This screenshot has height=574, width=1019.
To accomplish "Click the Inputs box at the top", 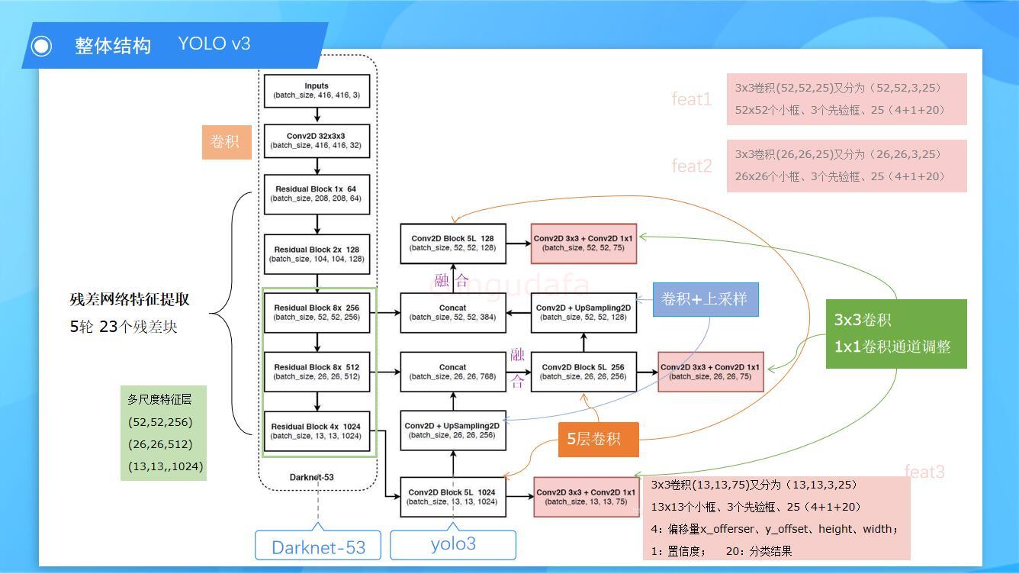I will click(x=317, y=91).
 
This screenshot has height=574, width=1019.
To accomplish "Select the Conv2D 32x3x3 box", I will click(x=317, y=140).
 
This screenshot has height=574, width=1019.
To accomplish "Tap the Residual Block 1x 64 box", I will click(x=317, y=194).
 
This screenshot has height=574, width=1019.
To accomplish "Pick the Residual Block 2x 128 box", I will click(x=317, y=254).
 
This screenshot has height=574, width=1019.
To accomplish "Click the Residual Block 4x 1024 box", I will click(x=317, y=431).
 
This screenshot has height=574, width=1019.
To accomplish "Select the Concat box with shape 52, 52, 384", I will click(x=452, y=312).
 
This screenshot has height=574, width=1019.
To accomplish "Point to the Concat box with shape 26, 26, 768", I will click(x=452, y=372).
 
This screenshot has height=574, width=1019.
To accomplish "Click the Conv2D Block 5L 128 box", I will click(x=452, y=243).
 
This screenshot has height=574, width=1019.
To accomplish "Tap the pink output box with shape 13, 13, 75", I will click(x=586, y=497).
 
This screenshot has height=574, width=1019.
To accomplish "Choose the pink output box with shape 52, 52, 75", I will click(x=583, y=243).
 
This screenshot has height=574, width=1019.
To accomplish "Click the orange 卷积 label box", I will click(x=226, y=142).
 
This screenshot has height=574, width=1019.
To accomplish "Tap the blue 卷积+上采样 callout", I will click(x=705, y=299).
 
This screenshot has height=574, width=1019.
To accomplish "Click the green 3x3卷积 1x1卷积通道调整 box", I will click(x=895, y=334).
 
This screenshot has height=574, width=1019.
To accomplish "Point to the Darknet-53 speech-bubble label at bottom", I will click(x=318, y=547).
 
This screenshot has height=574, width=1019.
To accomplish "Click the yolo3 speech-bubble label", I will click(x=453, y=544).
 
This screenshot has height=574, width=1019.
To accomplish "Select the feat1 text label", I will click(x=691, y=99).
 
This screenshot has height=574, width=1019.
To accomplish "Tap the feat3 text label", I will click(x=924, y=472).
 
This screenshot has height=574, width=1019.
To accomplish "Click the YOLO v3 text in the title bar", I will click(x=214, y=44).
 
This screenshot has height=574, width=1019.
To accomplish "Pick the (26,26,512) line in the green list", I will click(x=160, y=444).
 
